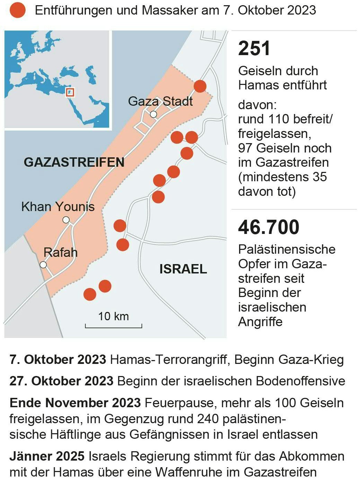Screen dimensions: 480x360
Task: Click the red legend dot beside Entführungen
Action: coord(17,10)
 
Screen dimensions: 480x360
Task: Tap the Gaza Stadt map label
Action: coord(160,101)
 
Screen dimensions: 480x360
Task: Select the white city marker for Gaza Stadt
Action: coord(153,114)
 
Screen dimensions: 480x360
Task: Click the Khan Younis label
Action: coord(58,207)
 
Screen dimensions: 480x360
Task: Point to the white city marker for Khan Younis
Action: coord(66,220)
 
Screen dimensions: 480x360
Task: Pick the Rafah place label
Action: coord(60,252)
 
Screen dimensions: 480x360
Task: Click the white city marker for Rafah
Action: coord(43,265)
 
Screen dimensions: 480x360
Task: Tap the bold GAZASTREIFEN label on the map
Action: coord(74,162)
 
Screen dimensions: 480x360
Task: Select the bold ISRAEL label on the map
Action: coord(183,269)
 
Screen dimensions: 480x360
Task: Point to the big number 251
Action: coord(254,48)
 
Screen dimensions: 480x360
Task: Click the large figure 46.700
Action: coord(269,227)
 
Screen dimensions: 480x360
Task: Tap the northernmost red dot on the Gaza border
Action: coord(200,86)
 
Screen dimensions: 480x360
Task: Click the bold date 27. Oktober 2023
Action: coord(61,381)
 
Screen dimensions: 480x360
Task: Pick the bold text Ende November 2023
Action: coord(75,403)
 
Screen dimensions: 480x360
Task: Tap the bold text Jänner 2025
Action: coord(47,456)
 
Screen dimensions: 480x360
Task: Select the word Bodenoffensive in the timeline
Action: coord(300,381)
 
